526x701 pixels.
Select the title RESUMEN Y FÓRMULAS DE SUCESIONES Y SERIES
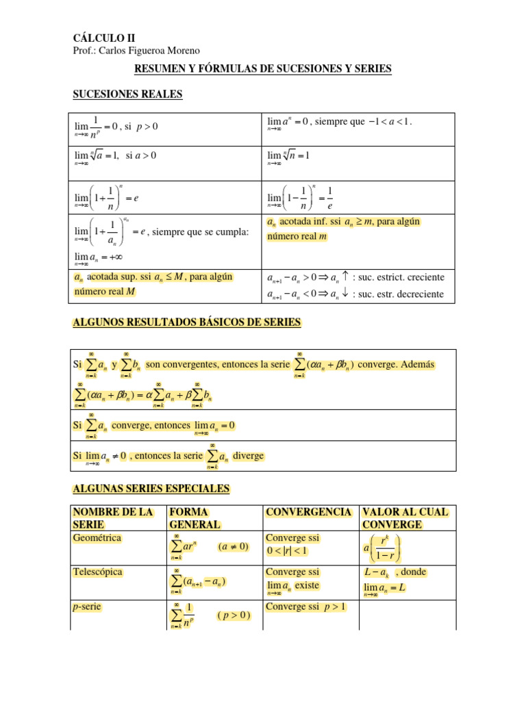pos(262,69)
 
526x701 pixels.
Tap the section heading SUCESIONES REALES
pos(127,94)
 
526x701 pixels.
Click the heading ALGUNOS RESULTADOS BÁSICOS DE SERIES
pos(186,322)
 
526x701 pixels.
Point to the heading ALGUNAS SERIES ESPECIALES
pos(151,489)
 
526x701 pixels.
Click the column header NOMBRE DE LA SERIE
pos(113,518)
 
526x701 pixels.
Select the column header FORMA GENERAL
pos(195,518)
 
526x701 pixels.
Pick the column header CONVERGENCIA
pos(308,512)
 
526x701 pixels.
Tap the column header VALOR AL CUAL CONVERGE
pos(405,518)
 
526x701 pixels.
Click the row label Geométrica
pos(97,538)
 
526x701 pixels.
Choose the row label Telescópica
pos(98,572)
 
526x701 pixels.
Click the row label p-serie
pos(88,607)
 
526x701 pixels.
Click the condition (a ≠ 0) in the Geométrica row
pos(234,548)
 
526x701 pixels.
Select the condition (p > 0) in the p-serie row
pos(234,615)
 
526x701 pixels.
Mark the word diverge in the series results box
pos(248,456)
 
